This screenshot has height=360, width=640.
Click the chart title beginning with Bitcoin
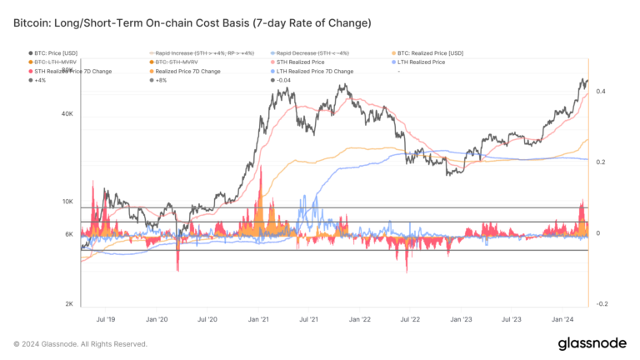pyautogui.click(x=181, y=20)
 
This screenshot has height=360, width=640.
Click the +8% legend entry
pyautogui.click(x=162, y=80)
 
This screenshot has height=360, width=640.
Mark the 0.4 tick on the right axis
pyautogui.click(x=601, y=91)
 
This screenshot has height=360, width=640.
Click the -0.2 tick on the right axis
pyautogui.click(x=601, y=304)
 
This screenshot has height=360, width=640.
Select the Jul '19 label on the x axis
pyautogui.click(x=107, y=319)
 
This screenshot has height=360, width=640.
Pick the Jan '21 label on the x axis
pyautogui.click(x=258, y=319)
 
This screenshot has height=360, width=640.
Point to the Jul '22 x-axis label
pyautogui.click(x=410, y=319)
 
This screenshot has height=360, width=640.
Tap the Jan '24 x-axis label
pyautogui.click(x=562, y=319)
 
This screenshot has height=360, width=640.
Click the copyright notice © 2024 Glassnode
pyautogui.click(x=81, y=343)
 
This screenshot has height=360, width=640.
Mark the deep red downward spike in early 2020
pyautogui.click(x=177, y=258)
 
